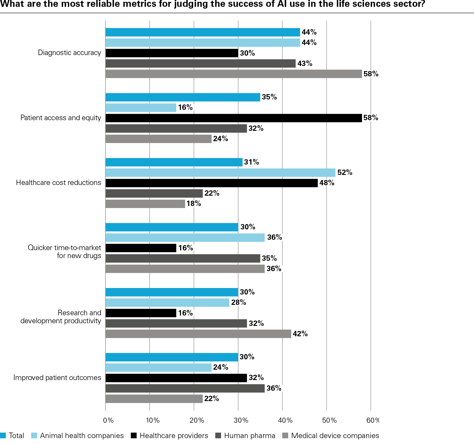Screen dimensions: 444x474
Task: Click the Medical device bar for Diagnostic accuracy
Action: point(233,74)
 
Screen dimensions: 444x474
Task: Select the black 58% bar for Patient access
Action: point(233,118)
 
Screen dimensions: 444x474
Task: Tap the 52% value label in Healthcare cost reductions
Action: point(345,173)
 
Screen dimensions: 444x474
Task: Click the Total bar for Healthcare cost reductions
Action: point(174,162)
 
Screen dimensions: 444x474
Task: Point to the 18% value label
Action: point(194,204)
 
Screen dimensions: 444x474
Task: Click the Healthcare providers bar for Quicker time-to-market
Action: point(141,248)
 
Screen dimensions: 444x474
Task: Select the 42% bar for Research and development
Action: point(198,334)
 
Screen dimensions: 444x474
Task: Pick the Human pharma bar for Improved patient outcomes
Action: point(185,388)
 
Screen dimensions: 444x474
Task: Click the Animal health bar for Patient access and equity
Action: point(141,108)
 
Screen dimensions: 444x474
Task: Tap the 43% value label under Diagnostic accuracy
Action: point(305,64)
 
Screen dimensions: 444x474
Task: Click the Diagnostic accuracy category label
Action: point(69,53)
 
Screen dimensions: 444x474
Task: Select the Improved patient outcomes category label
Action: point(57,378)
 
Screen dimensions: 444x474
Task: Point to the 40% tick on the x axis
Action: point(285,420)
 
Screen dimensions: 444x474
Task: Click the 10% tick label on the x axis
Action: point(153,420)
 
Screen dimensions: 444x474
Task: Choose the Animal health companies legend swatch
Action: point(34,436)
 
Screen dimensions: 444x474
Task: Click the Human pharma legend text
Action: point(249,436)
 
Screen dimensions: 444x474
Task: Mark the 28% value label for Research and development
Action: point(238,303)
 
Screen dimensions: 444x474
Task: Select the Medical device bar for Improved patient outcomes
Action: point(154,399)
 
